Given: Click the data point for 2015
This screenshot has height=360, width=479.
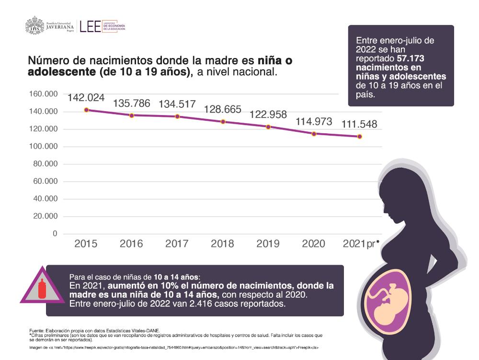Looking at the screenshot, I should (86, 110).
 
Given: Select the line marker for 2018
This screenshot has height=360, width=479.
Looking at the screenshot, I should (222, 122).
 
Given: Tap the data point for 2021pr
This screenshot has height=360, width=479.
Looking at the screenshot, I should (359, 137).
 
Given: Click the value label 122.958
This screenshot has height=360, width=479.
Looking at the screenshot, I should (268, 115).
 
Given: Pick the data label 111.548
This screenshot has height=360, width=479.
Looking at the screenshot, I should (359, 124).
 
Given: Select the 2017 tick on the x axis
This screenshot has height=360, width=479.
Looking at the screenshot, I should (177, 244).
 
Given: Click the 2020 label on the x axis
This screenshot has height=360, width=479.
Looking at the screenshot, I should (313, 244).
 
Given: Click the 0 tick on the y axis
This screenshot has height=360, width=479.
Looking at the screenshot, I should (55, 234).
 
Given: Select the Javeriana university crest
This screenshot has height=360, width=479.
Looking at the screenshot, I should (34, 26).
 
